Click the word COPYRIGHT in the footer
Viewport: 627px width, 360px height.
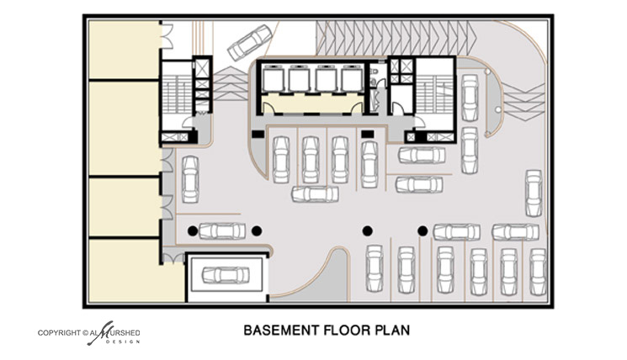click(59, 333)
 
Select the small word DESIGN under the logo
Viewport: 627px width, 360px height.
click(122, 342)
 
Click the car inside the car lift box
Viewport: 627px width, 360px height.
click(226, 275)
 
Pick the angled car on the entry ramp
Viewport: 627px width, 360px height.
click(249, 43)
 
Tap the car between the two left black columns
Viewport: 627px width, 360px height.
click(222, 231)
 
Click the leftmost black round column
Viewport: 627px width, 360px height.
click(193, 230)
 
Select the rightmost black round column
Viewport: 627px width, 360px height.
click(422, 230)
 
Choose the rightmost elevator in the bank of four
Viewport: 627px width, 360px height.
click(352, 78)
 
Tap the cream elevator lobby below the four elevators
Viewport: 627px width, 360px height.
click(313, 103)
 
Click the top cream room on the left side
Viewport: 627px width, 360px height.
click(124, 50)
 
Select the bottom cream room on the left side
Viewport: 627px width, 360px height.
click(125, 271)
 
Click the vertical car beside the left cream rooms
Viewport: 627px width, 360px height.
click(190, 179)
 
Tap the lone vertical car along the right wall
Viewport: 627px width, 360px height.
click(534, 193)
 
